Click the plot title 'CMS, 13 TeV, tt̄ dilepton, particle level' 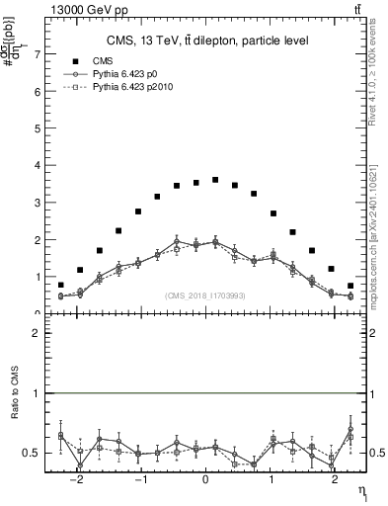[x=207, y=41]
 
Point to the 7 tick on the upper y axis [x=39, y=54]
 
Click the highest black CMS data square [x=215, y=180]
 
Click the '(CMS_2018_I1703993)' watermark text [x=204, y=295]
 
